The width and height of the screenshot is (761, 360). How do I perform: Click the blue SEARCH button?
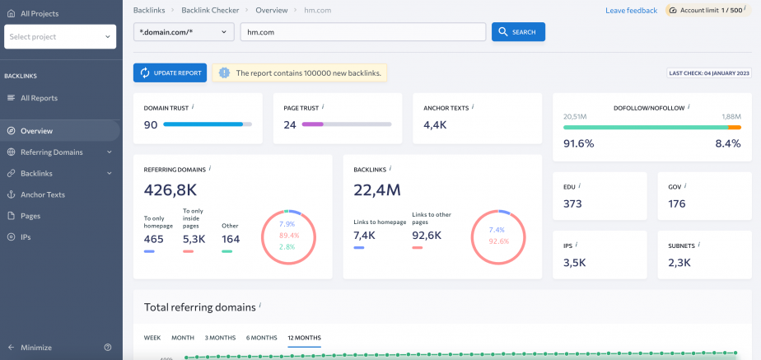click(518, 32)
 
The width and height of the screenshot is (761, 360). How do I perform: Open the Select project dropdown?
click(60, 37)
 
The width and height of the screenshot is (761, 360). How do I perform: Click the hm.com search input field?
click(362, 32)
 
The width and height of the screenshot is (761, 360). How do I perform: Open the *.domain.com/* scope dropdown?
click(184, 32)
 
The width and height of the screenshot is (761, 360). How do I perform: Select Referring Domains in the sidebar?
click(51, 152)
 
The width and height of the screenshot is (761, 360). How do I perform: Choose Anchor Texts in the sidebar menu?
click(43, 195)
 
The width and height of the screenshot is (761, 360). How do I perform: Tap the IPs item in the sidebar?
click(26, 237)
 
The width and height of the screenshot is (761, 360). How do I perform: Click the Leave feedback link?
click(631, 11)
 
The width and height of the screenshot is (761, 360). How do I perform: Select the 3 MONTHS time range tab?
click(220, 338)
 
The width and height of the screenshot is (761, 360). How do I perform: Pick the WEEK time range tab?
click(152, 338)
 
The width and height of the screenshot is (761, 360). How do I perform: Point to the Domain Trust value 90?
click(151, 125)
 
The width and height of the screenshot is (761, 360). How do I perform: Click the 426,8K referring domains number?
click(170, 190)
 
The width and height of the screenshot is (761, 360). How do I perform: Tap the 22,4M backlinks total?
click(377, 190)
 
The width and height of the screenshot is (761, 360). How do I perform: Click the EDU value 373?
click(572, 204)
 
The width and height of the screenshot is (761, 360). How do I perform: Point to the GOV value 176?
click(677, 204)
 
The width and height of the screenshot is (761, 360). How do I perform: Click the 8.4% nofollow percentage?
click(728, 143)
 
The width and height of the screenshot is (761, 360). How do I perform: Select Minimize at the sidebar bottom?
click(35, 348)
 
